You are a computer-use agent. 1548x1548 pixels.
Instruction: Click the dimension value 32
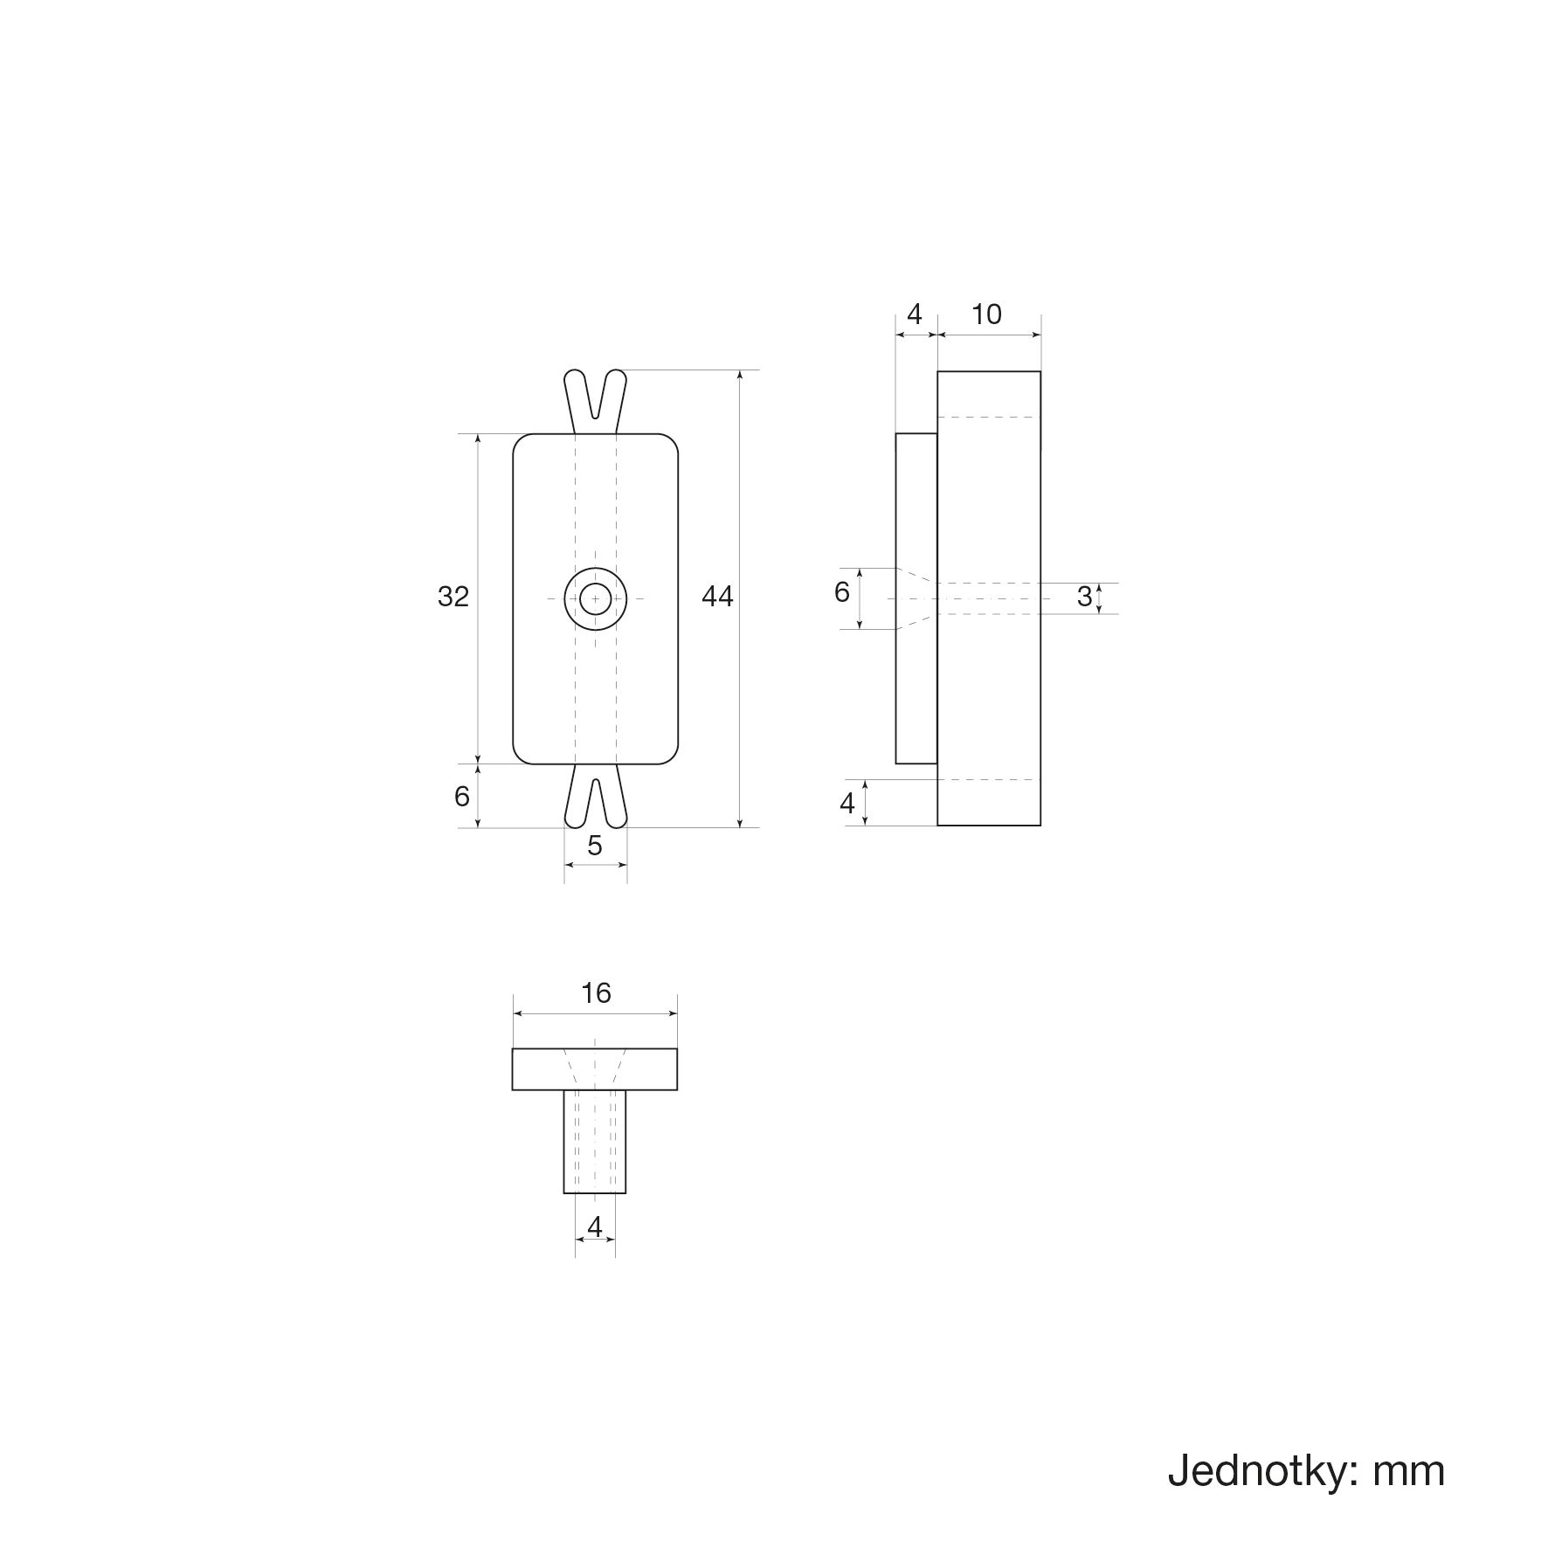[x=453, y=597]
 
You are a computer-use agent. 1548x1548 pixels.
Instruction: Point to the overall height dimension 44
[x=717, y=597]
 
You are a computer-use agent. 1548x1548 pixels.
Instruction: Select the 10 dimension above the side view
[x=986, y=314]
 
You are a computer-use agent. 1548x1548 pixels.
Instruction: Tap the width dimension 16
[x=596, y=993]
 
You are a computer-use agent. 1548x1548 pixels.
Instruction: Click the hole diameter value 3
[x=1084, y=597]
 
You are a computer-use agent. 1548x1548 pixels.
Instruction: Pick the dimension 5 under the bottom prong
[x=595, y=846]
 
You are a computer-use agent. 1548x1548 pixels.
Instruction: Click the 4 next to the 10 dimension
[x=915, y=314]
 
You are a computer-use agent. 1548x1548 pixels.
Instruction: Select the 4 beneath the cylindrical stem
[x=595, y=1227]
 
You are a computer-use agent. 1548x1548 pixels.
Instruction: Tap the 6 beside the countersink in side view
[x=841, y=592]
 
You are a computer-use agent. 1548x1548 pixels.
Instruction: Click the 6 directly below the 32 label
[x=462, y=796]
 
